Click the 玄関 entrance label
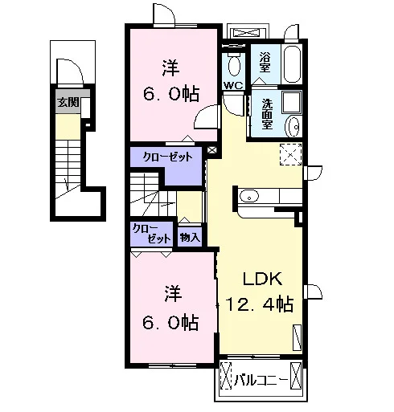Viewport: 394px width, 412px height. click(x=68, y=102)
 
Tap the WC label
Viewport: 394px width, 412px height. click(x=233, y=86)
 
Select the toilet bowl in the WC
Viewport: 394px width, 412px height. click(x=234, y=65)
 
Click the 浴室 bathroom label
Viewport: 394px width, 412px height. click(x=265, y=63)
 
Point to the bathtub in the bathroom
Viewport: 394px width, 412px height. click(x=293, y=64)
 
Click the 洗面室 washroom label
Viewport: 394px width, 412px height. click(x=267, y=115)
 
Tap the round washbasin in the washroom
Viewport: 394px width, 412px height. click(x=293, y=127)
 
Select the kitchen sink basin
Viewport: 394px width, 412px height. click(x=249, y=196)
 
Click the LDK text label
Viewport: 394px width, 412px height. click(x=262, y=279)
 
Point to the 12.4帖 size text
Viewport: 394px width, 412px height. click(x=260, y=304)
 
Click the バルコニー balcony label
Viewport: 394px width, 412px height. click(x=261, y=380)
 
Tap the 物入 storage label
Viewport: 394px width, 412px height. click(x=190, y=237)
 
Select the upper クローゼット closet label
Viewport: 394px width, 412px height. click(x=168, y=157)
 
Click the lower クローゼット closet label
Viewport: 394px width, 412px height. click(x=152, y=234)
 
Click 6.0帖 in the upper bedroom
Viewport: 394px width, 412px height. click(x=171, y=94)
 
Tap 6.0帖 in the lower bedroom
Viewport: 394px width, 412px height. click(x=170, y=323)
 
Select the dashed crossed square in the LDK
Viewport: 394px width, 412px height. click(x=291, y=154)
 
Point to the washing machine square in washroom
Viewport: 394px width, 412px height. click(x=292, y=102)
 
